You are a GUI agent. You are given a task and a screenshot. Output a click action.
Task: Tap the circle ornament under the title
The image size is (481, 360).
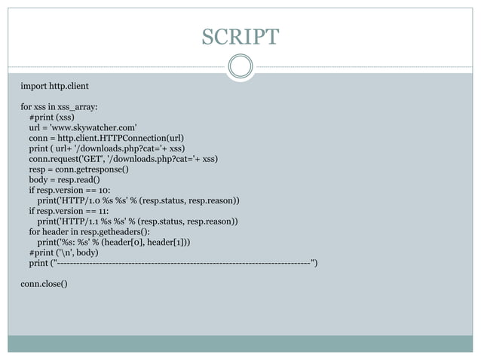pos(240,66)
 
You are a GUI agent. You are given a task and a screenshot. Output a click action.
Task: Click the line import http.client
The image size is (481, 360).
pos(55,87)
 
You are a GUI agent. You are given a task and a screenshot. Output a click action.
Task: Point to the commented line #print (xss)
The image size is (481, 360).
pos(51,117)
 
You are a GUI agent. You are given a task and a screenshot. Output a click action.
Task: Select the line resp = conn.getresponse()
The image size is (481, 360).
pos(78,169)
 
